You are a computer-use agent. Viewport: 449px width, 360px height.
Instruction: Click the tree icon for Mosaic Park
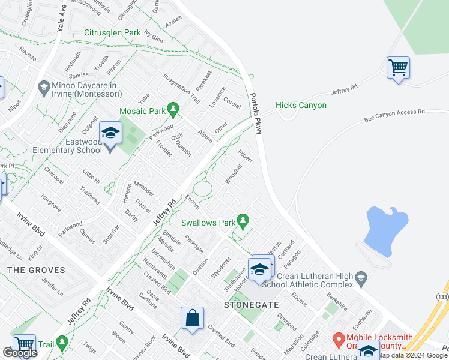[173, 109]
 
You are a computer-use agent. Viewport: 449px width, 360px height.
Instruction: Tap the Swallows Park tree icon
[243, 222]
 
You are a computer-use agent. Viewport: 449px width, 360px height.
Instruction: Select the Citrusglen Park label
[112, 33]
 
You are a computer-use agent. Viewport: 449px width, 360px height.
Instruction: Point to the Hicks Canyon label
[301, 106]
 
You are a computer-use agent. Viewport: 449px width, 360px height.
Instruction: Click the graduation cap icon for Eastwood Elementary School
[110, 133]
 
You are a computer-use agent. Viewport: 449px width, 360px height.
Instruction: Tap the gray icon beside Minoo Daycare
[43, 88]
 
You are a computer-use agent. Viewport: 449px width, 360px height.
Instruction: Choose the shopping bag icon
[192, 319]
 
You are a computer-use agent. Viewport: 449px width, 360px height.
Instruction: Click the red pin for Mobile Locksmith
[338, 340]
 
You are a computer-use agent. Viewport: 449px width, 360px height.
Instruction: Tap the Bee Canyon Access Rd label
[394, 115]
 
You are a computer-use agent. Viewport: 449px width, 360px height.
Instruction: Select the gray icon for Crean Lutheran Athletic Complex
[360, 277]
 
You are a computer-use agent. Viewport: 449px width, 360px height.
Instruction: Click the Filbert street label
[244, 155]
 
